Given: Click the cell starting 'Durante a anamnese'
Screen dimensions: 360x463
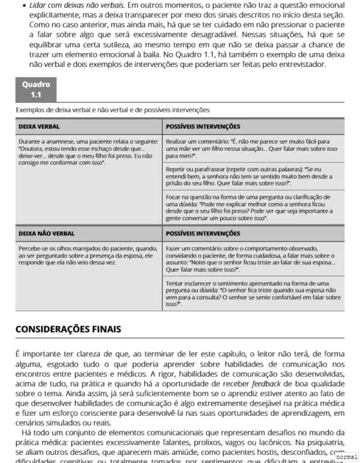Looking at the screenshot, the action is [x=89, y=151].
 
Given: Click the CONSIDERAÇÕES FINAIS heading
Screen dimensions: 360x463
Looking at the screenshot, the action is [x=68, y=328].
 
